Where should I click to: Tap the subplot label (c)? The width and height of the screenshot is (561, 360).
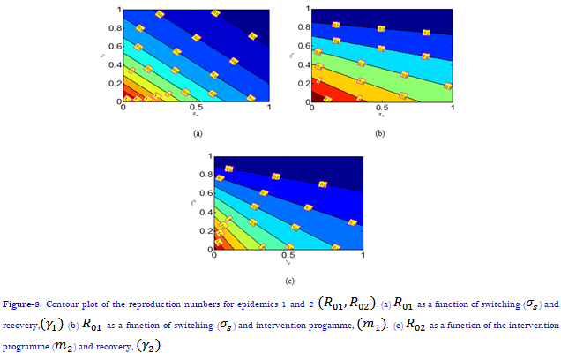coord(288,281)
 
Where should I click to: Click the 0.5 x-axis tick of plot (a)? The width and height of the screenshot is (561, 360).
coord(196,108)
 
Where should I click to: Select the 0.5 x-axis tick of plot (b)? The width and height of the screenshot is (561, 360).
coord(380,113)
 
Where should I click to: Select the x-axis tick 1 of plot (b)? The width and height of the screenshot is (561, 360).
coord(452,113)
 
